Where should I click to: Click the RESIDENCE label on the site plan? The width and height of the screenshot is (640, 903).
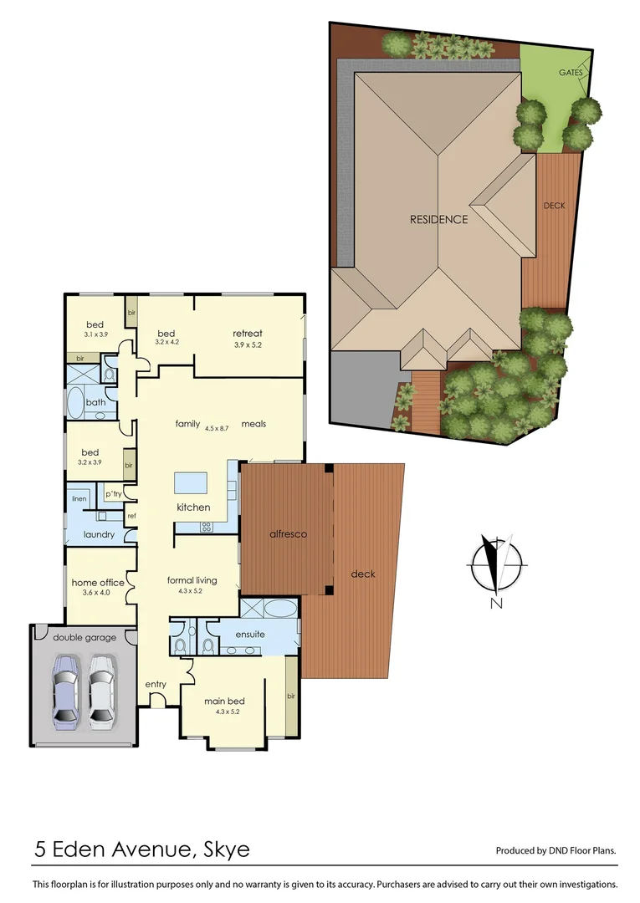click(438, 220)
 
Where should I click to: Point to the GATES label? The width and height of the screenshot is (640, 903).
click(571, 73)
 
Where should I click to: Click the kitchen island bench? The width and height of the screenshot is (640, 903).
click(191, 483)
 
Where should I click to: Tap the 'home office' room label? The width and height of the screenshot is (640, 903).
click(98, 583)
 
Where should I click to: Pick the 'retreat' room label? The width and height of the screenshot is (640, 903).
click(248, 334)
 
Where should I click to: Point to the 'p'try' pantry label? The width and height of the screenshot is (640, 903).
click(113, 494)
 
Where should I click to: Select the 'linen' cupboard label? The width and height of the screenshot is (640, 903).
click(79, 498)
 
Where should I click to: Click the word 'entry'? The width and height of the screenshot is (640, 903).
click(156, 684)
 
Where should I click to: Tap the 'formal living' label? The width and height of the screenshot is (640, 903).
click(192, 579)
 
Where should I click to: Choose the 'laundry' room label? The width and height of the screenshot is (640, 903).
click(99, 533)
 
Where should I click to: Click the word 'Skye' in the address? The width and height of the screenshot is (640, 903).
click(226, 850)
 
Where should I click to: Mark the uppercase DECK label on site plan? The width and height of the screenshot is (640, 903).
click(554, 205)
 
